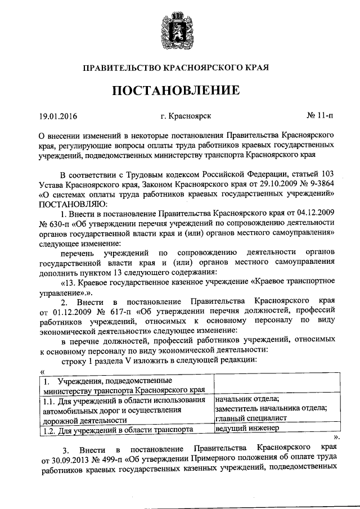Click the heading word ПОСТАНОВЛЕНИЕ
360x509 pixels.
click(179, 91)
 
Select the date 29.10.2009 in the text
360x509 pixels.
click(262, 183)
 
